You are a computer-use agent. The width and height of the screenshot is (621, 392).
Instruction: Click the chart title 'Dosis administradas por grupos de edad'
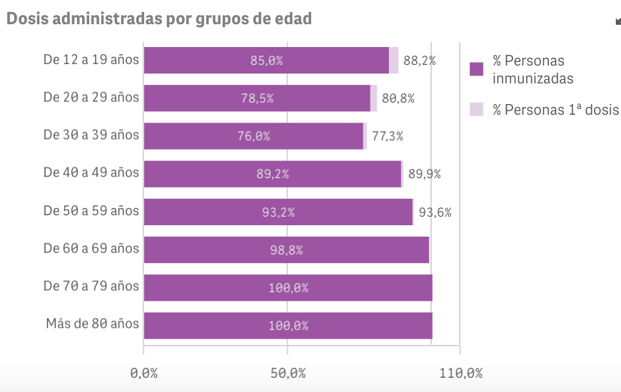[158, 19]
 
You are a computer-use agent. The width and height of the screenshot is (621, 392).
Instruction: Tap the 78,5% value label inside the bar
[257, 98]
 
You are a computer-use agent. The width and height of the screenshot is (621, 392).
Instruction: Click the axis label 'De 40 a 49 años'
[91, 172]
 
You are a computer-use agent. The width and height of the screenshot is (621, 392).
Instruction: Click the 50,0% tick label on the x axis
[288, 373]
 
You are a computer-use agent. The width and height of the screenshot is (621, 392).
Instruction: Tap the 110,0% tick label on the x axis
[460, 373]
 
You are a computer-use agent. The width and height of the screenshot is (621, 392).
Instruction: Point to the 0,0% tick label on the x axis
[143, 373]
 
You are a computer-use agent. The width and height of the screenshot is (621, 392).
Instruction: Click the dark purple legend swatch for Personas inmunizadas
[477, 69]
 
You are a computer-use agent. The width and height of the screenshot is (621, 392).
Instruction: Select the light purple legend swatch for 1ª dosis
[477, 109]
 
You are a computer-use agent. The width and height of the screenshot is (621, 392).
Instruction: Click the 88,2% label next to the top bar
[420, 61]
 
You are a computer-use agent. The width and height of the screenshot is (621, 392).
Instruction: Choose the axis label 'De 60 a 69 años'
[91, 248]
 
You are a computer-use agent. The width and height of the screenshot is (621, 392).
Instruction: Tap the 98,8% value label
[286, 250]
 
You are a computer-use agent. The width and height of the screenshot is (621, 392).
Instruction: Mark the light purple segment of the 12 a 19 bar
[394, 61]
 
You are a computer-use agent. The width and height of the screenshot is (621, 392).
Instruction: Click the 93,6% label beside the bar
[435, 212]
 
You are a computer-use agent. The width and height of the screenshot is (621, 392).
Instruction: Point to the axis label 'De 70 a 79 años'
[91, 286]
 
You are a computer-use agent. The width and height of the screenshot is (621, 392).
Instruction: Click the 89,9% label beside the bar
[424, 174]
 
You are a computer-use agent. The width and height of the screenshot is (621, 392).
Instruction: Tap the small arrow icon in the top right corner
[617, 21]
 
